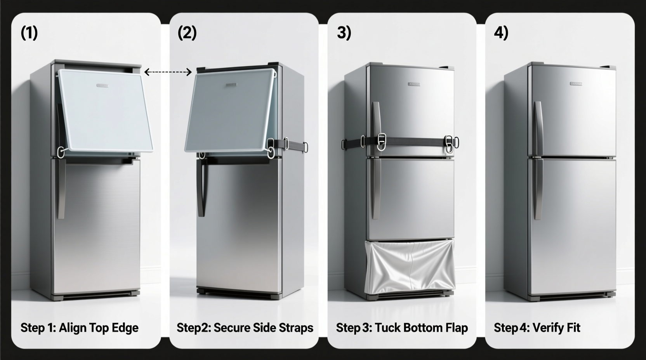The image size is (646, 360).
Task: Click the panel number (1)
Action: (x=29, y=33)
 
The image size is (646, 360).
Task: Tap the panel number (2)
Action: (x=187, y=33)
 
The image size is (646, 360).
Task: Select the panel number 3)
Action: (x=344, y=33)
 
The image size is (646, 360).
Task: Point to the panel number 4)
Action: (x=501, y=33)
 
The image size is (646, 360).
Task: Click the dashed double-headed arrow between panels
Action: (x=168, y=72)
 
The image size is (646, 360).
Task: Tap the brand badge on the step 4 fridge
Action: (x=576, y=83)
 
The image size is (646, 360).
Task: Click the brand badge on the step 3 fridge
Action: (x=414, y=84)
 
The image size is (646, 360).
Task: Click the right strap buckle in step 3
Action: (x=449, y=144)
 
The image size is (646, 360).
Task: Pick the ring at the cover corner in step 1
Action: (x=61, y=152)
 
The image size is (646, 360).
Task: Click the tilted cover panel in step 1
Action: (x=105, y=111)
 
